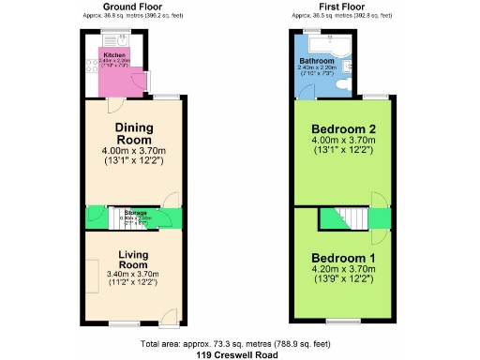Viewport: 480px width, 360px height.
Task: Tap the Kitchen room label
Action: pyautogui.click(x=112, y=55)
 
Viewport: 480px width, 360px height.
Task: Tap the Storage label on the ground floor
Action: pyautogui.click(x=136, y=213)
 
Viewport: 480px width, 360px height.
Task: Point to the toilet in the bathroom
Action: pyautogui.click(x=347, y=67)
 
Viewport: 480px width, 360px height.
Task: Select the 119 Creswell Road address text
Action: pyautogui.click(x=239, y=354)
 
